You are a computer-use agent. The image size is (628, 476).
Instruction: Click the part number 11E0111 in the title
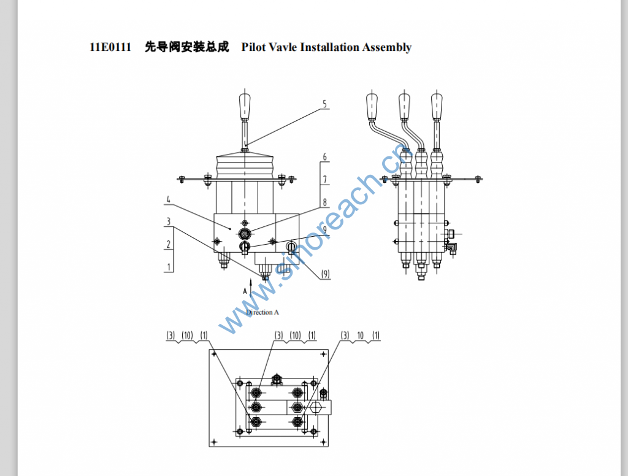point(110,47)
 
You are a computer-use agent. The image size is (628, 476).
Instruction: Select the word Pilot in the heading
point(254,47)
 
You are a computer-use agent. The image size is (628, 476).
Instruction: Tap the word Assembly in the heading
point(386,47)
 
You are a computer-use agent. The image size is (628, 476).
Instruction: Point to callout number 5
point(325,104)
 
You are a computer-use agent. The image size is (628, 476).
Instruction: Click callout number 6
point(325,158)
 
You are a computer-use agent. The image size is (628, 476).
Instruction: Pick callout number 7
point(325,180)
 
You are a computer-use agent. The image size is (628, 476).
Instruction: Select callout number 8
point(325,202)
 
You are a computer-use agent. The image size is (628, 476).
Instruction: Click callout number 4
point(167,199)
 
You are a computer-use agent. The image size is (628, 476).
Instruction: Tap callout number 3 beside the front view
point(167,221)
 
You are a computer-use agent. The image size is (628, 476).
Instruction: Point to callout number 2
point(167,244)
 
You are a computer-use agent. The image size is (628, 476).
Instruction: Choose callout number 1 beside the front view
point(167,267)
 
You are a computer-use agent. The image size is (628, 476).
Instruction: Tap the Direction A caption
point(262,312)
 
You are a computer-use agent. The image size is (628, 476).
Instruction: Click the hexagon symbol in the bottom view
point(317,407)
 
